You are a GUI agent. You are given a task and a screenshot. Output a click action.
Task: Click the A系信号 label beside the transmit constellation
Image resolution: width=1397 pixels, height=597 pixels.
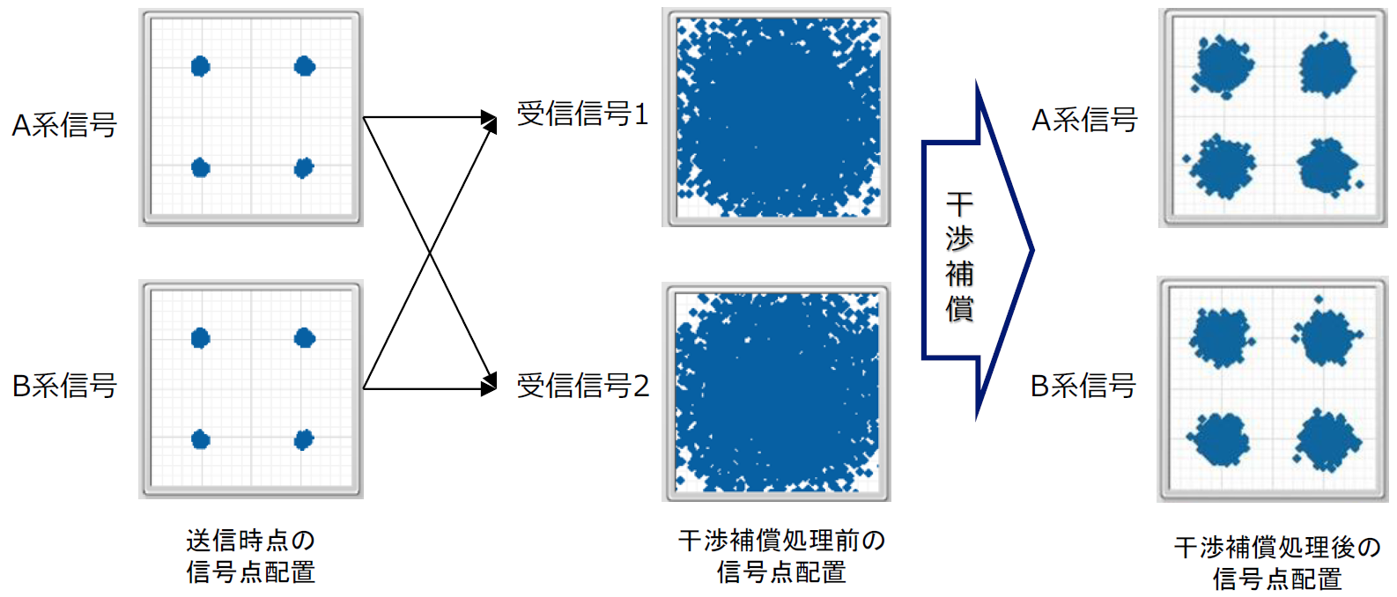64,125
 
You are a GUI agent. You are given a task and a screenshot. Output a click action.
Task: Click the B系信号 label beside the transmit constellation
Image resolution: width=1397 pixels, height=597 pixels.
64,386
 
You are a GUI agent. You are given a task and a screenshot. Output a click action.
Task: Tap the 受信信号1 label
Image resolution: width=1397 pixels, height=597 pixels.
582,114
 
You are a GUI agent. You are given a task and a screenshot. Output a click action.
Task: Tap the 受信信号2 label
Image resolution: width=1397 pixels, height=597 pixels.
582,385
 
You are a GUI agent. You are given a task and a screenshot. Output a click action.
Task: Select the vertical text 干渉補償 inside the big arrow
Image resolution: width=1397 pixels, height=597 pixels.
959,256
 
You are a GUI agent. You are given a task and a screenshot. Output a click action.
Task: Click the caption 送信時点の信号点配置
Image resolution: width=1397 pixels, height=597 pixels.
251,556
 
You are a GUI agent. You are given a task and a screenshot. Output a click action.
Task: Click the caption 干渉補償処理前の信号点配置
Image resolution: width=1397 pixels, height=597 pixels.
781,556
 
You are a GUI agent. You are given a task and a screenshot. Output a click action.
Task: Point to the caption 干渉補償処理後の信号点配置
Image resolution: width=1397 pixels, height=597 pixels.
1277,564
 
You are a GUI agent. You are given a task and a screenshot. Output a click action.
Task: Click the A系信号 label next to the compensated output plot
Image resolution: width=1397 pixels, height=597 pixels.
1084,120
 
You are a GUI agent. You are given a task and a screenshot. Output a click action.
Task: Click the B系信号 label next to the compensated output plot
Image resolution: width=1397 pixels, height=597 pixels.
1083,386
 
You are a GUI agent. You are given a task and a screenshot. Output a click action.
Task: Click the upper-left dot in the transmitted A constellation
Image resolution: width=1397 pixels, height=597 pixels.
201,66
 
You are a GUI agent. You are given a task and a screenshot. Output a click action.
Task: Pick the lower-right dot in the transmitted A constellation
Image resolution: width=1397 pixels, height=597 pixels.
304,167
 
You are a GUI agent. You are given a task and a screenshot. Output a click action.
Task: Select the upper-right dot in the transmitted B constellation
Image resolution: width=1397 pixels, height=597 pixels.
305,337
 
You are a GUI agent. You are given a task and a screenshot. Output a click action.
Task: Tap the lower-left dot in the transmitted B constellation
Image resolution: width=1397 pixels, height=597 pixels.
201,439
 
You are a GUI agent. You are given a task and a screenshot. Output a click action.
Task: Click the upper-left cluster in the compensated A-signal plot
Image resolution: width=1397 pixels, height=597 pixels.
1223,66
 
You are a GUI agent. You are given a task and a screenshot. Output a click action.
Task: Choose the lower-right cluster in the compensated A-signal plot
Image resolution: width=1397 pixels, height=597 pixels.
1327,166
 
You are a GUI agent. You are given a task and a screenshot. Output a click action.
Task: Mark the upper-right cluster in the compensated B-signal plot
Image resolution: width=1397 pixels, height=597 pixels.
1327,336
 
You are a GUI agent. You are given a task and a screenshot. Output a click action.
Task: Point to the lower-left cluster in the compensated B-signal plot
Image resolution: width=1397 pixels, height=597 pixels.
1220,438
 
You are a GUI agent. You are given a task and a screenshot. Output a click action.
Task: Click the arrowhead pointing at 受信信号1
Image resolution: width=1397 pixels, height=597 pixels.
490,119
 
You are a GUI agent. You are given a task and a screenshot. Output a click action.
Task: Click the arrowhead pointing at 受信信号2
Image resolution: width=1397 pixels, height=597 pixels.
490,385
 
